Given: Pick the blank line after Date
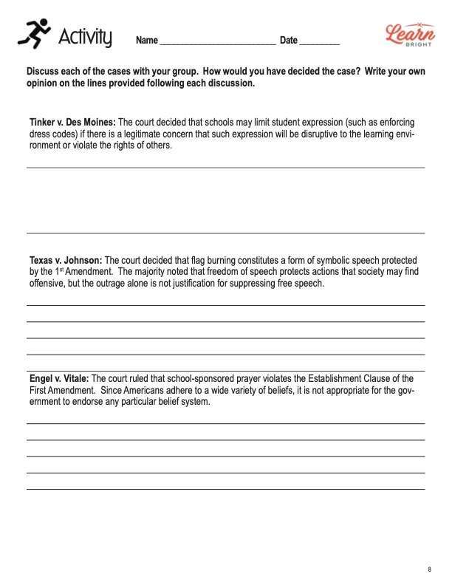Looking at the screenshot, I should click(320, 41).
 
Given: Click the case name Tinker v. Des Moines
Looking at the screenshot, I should click(72, 122).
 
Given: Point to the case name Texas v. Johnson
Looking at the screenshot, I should click(66, 260).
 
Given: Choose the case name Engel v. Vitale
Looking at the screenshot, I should click(59, 378).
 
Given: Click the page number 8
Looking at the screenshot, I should click(429, 569).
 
